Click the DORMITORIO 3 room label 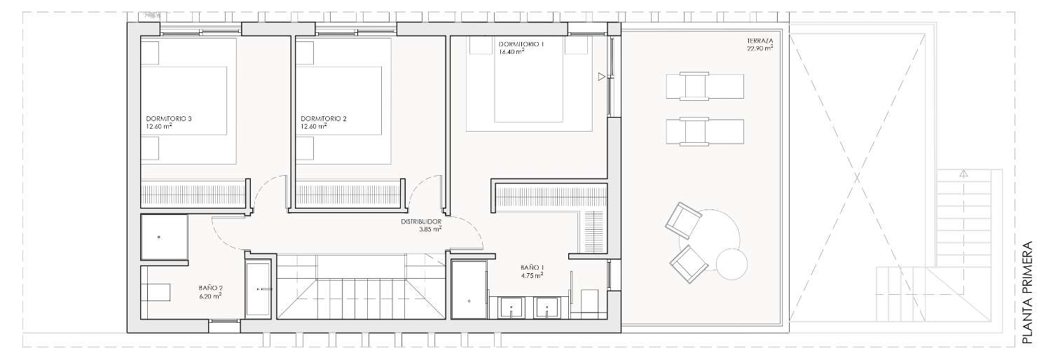pyautogui.click(x=169, y=118)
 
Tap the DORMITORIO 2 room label pyautogui.click(x=324, y=118)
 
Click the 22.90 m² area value pyautogui.click(x=760, y=48)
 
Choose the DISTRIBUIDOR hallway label pyautogui.click(x=421, y=222)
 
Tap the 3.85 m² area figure pyautogui.click(x=430, y=229)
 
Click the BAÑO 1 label pyautogui.click(x=532, y=268)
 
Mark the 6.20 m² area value pyautogui.click(x=209, y=296)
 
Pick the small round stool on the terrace pyautogui.click(x=731, y=264)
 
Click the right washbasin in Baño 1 pyautogui.click(x=547, y=308)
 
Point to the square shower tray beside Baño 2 pyautogui.click(x=165, y=237)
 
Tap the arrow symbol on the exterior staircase pyautogui.click(x=963, y=174)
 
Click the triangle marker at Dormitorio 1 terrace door pyautogui.click(x=602, y=77)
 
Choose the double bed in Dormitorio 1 pyautogui.click(x=528, y=84)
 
